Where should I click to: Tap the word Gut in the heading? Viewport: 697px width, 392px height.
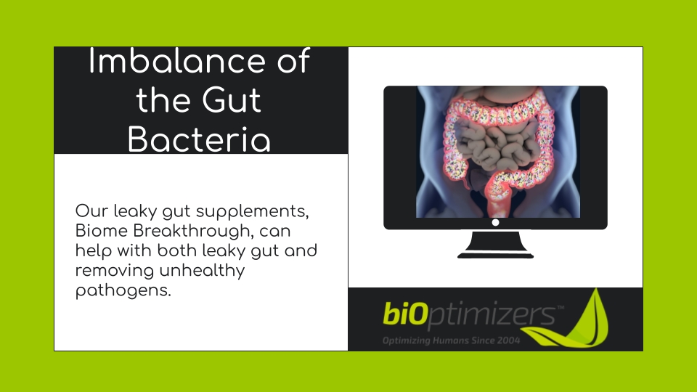click(232, 100)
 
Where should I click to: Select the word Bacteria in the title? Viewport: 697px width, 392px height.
click(199, 139)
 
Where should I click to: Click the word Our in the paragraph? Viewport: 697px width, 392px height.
click(91, 211)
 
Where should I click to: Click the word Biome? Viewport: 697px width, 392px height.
click(102, 231)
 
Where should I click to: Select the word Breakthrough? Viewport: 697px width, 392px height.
click(193, 232)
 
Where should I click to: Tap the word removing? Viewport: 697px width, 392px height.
click(115, 271)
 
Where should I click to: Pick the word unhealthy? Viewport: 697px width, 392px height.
click(202, 271)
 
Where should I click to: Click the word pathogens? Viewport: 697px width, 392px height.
click(123, 291)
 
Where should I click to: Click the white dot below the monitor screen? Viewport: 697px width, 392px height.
click(495, 222)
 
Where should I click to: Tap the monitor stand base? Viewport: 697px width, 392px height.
click(495, 256)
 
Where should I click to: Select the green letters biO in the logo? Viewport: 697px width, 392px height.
click(405, 314)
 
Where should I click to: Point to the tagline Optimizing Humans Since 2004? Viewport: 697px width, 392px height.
click(451, 340)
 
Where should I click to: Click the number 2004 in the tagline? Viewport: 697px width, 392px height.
click(508, 340)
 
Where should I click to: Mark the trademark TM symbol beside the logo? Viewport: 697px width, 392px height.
click(560, 307)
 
